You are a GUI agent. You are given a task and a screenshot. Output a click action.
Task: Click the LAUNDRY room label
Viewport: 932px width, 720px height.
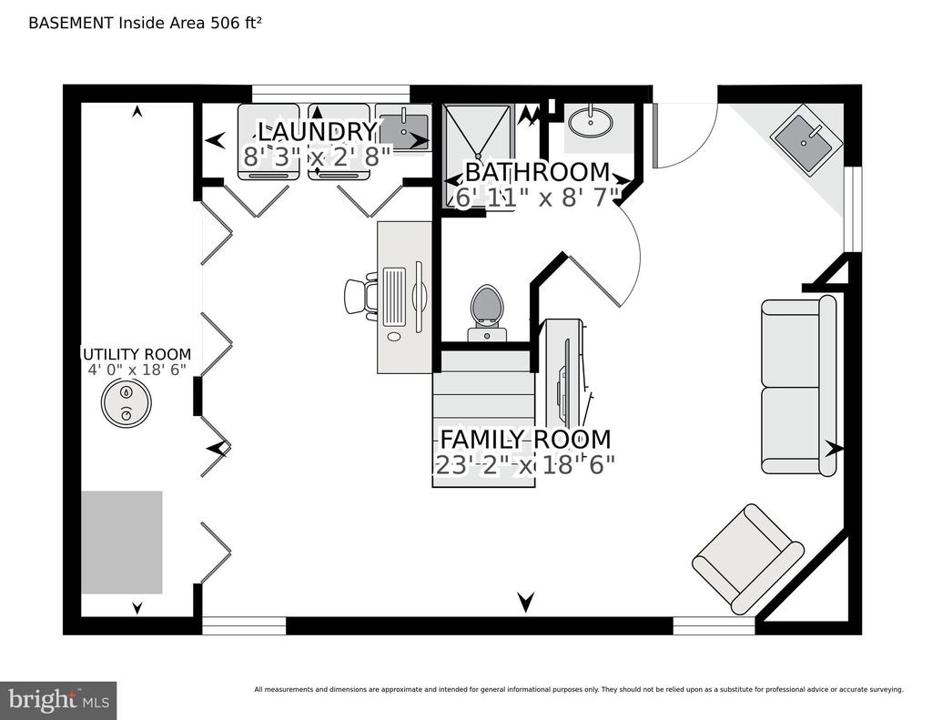click(318, 131)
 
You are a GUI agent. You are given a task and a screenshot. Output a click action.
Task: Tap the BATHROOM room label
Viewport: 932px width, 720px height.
click(537, 172)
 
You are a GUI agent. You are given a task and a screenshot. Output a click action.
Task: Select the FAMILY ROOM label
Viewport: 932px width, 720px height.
click(525, 440)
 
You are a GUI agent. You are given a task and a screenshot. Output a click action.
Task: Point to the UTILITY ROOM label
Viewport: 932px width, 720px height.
click(137, 354)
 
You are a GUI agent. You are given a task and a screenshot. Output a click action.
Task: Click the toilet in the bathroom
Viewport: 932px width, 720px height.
click(487, 313)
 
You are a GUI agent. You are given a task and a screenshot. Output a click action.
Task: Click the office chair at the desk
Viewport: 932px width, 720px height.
click(360, 295)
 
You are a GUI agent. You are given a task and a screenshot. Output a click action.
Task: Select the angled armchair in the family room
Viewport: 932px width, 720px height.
click(748, 559)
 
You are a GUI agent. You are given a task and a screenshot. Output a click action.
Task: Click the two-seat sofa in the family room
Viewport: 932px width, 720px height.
click(799, 385)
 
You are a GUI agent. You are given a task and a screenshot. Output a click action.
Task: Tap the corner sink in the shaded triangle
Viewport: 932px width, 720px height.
click(805, 139)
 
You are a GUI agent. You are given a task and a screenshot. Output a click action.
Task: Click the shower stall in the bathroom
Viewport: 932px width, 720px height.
click(478, 156)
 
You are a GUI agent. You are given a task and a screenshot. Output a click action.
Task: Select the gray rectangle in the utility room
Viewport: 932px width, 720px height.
click(122, 543)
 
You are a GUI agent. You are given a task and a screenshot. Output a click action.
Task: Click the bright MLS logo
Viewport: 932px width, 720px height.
click(58, 700)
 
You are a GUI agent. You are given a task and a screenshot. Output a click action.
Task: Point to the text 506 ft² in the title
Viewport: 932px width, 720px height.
click(236, 23)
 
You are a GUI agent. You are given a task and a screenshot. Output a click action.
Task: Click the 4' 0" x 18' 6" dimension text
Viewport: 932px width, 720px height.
click(137, 370)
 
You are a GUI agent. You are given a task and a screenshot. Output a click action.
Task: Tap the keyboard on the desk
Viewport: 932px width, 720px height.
click(394, 297)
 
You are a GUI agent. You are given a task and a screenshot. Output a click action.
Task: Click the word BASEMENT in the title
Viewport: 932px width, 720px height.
click(71, 23)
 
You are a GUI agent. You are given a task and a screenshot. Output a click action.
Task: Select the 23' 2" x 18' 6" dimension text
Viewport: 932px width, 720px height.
click(525, 464)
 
